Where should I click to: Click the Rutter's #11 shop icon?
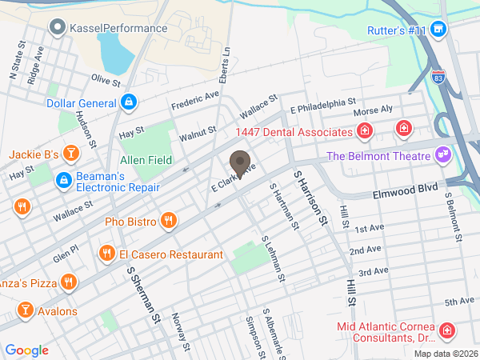pos(438,30)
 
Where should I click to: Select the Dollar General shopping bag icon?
pos(128,102)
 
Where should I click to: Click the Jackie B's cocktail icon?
pos(71,153)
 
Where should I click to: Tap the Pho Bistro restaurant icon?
pos(167,220)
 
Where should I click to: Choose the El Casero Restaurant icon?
pos(106,254)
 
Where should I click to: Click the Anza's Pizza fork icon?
pos(70,282)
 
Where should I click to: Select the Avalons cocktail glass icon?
pos(25,310)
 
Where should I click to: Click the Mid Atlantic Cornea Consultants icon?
pos(446,330)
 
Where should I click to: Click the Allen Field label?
pos(146,160)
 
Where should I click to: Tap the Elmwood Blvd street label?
pos(406,192)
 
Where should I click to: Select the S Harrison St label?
pos(310,197)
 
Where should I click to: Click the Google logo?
pos(26,350)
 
